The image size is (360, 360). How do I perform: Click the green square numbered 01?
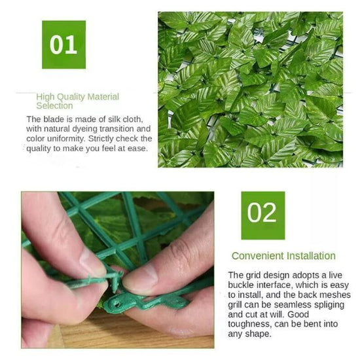64,45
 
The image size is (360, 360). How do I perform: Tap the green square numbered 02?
263,215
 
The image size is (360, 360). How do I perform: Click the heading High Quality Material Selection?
78,101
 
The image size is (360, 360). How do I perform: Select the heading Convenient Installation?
283,256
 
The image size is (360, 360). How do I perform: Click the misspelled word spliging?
329,305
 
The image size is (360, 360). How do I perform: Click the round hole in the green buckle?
117,304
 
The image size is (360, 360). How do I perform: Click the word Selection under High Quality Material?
54,106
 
